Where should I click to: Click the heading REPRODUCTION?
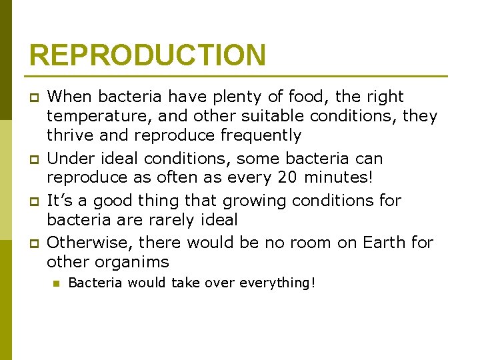pyautogui.click(x=147, y=55)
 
